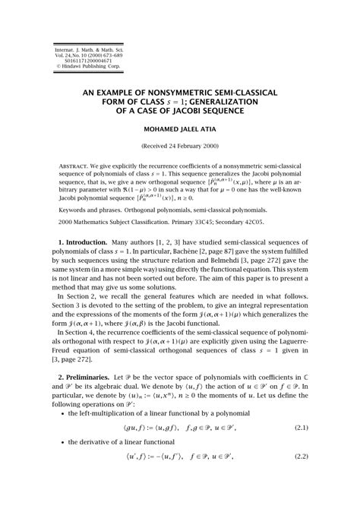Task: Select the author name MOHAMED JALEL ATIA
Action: pos(179,128)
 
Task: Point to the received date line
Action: pos(179,145)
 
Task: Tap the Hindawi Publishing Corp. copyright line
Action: pos(62,66)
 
